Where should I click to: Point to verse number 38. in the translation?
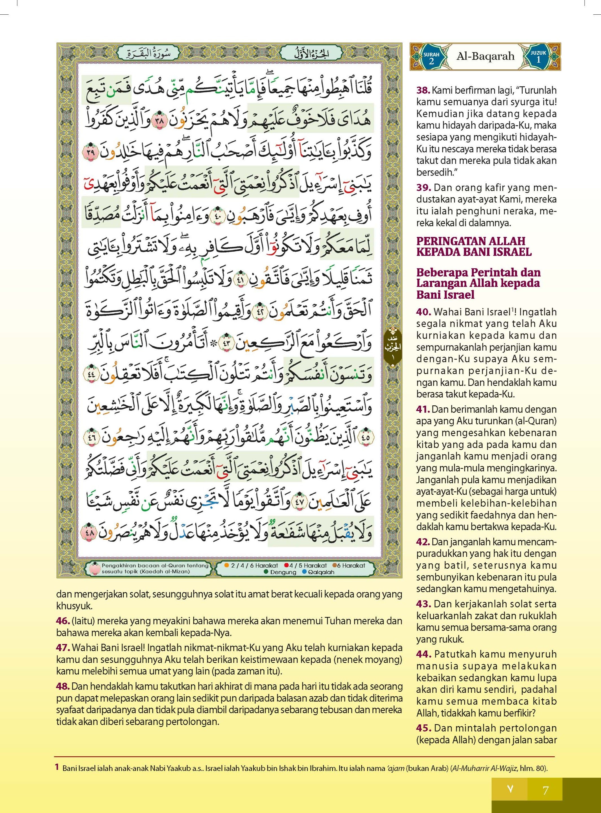pos(423,91)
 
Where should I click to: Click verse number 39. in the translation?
pos(424,188)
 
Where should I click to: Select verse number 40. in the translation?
pos(424,312)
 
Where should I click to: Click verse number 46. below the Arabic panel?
pos(63,621)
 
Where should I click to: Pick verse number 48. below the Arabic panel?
pos(63,686)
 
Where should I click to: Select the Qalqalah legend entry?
pos(321,572)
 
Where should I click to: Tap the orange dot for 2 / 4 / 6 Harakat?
pos(227,565)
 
